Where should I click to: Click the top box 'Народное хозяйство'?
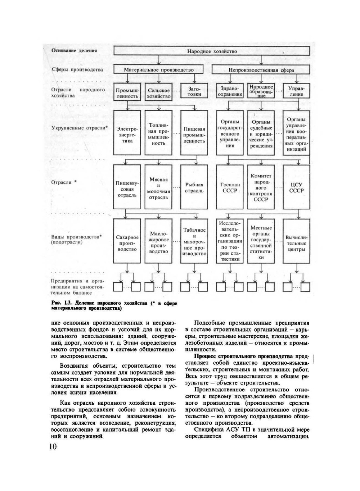coord(212,51)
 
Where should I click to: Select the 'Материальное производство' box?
coord(158,70)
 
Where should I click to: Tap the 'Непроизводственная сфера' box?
coord(261,70)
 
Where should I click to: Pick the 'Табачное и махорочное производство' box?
coord(194,242)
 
